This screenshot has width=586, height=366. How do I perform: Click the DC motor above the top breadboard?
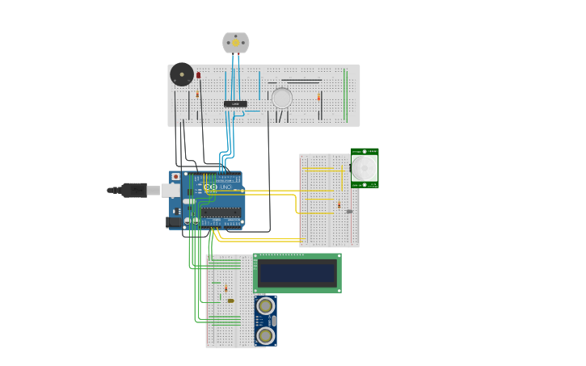click(235, 43)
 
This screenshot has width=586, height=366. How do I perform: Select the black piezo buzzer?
click(182, 74)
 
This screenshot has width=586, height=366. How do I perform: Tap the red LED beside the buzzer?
click(198, 75)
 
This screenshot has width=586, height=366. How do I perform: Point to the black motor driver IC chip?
click(235, 103)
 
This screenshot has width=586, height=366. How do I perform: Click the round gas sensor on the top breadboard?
click(281, 98)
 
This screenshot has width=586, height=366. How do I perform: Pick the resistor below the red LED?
click(197, 95)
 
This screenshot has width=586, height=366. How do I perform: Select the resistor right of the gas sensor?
click(318, 97)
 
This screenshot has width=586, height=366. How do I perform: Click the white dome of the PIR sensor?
click(364, 168)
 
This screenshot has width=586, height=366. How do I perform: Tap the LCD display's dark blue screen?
click(297, 273)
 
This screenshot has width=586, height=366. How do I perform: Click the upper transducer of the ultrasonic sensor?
click(265, 305)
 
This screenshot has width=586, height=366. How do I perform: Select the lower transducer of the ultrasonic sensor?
click(265, 334)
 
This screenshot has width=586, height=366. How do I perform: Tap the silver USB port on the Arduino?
click(171, 190)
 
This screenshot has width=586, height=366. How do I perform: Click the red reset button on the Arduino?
click(175, 176)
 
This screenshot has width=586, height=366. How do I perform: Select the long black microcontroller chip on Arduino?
click(220, 212)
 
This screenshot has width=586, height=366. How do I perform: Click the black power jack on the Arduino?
click(173, 221)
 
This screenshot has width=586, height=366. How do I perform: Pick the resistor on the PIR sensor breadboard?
click(339, 206)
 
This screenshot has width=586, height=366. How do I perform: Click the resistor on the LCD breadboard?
click(226, 288)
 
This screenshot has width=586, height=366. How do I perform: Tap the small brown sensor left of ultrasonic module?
click(230, 301)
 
